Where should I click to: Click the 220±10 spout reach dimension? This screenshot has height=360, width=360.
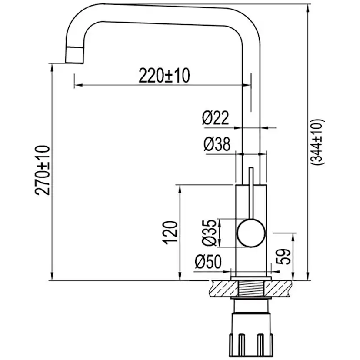coord(164,75)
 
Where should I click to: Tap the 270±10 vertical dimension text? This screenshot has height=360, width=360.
coord(43,170)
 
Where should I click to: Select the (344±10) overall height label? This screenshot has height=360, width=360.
coord(317,142)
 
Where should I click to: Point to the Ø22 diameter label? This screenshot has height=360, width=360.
coord(216,117)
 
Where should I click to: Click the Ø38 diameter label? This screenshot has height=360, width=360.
coord(217,144)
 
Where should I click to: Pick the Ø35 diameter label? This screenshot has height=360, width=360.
coord(209,233)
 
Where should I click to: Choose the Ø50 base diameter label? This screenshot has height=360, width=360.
coord(208,261)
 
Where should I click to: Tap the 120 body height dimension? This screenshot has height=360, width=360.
coord(170,233)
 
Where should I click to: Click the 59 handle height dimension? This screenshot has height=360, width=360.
coord(283,257)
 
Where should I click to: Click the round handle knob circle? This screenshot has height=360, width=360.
coord(251,233)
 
